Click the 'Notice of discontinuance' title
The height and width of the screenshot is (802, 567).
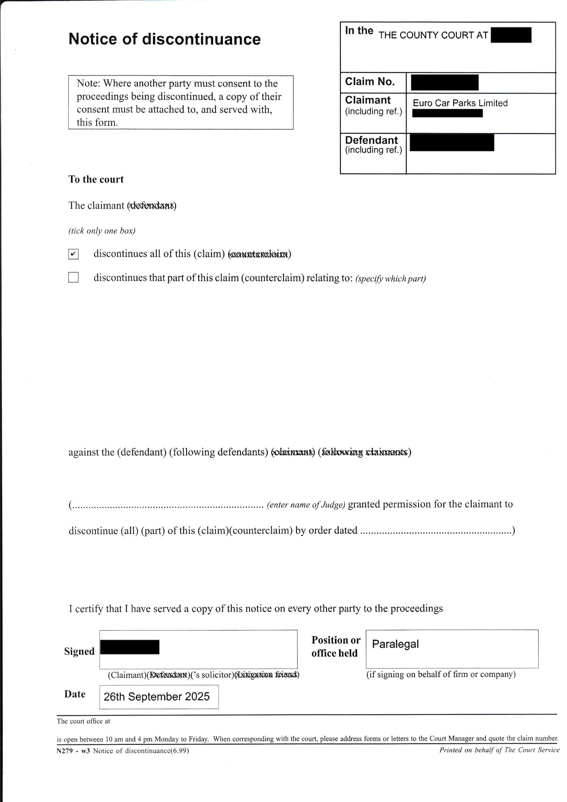point(164,39)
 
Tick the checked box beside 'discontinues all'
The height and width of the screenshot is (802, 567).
point(73,254)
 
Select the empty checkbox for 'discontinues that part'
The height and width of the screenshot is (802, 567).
point(73,277)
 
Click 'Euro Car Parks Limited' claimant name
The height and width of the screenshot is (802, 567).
point(460,103)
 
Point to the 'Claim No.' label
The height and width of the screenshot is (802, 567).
point(370,82)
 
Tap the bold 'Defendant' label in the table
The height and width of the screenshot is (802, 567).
point(371,140)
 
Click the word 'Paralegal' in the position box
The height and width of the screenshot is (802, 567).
point(395,644)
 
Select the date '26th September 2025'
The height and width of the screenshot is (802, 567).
point(157,697)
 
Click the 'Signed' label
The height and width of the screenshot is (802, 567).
point(79,651)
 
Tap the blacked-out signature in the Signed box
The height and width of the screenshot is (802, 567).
point(130,647)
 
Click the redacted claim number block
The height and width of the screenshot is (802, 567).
point(444,82)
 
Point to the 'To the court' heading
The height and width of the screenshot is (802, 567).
point(96,179)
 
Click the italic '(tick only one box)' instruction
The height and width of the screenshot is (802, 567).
point(102,231)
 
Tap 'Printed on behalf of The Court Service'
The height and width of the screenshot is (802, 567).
point(499,750)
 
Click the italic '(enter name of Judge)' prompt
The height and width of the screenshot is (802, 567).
point(306,505)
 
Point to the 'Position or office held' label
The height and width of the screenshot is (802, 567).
point(336,646)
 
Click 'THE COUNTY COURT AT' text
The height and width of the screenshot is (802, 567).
point(433,35)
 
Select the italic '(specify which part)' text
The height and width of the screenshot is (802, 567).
point(390,279)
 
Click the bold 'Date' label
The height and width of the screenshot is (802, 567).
point(75,694)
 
